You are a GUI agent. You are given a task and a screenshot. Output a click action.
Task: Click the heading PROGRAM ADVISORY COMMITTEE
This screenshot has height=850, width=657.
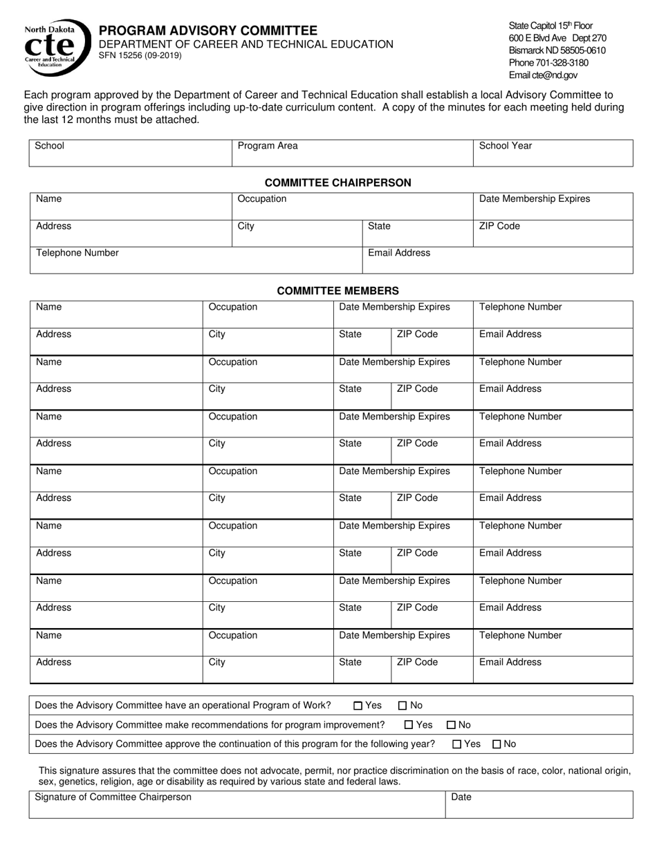pyautogui.click(x=208, y=30)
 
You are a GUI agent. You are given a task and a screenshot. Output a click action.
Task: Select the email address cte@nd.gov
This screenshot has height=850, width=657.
pyautogui.click(x=544, y=75)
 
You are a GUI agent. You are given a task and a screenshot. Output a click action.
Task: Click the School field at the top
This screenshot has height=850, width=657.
pyautogui.click(x=130, y=153)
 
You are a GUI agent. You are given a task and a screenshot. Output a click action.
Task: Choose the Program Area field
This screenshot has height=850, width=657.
pyautogui.click(x=352, y=153)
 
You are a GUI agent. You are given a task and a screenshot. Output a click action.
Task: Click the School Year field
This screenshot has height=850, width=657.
pyautogui.click(x=553, y=153)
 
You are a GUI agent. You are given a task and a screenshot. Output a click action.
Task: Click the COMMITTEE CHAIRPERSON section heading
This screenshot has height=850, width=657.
pyautogui.click(x=338, y=183)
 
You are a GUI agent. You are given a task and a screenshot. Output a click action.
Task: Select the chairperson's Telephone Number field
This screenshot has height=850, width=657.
pyautogui.click(x=196, y=261)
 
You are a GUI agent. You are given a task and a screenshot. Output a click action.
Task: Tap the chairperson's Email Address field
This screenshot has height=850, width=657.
pyautogui.click(x=497, y=261)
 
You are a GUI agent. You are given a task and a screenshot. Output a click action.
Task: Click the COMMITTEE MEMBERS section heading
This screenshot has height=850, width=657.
pyautogui.click(x=338, y=291)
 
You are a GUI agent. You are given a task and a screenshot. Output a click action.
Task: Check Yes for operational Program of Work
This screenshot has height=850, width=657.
pyautogui.click(x=358, y=706)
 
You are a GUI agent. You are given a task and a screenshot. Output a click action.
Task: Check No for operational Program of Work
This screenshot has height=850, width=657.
pyautogui.click(x=402, y=706)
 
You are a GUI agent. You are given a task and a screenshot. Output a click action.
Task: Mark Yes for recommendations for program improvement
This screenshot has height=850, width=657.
pyautogui.click(x=408, y=725)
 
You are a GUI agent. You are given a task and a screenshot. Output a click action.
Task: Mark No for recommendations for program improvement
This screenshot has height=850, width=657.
pyautogui.click(x=451, y=725)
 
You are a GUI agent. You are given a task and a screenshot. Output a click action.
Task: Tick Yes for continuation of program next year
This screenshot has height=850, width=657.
pyautogui.click(x=457, y=744)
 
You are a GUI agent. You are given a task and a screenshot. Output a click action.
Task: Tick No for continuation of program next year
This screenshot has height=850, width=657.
pyautogui.click(x=497, y=744)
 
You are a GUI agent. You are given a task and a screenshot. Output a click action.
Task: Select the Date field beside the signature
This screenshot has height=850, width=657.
pyautogui.click(x=539, y=805)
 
